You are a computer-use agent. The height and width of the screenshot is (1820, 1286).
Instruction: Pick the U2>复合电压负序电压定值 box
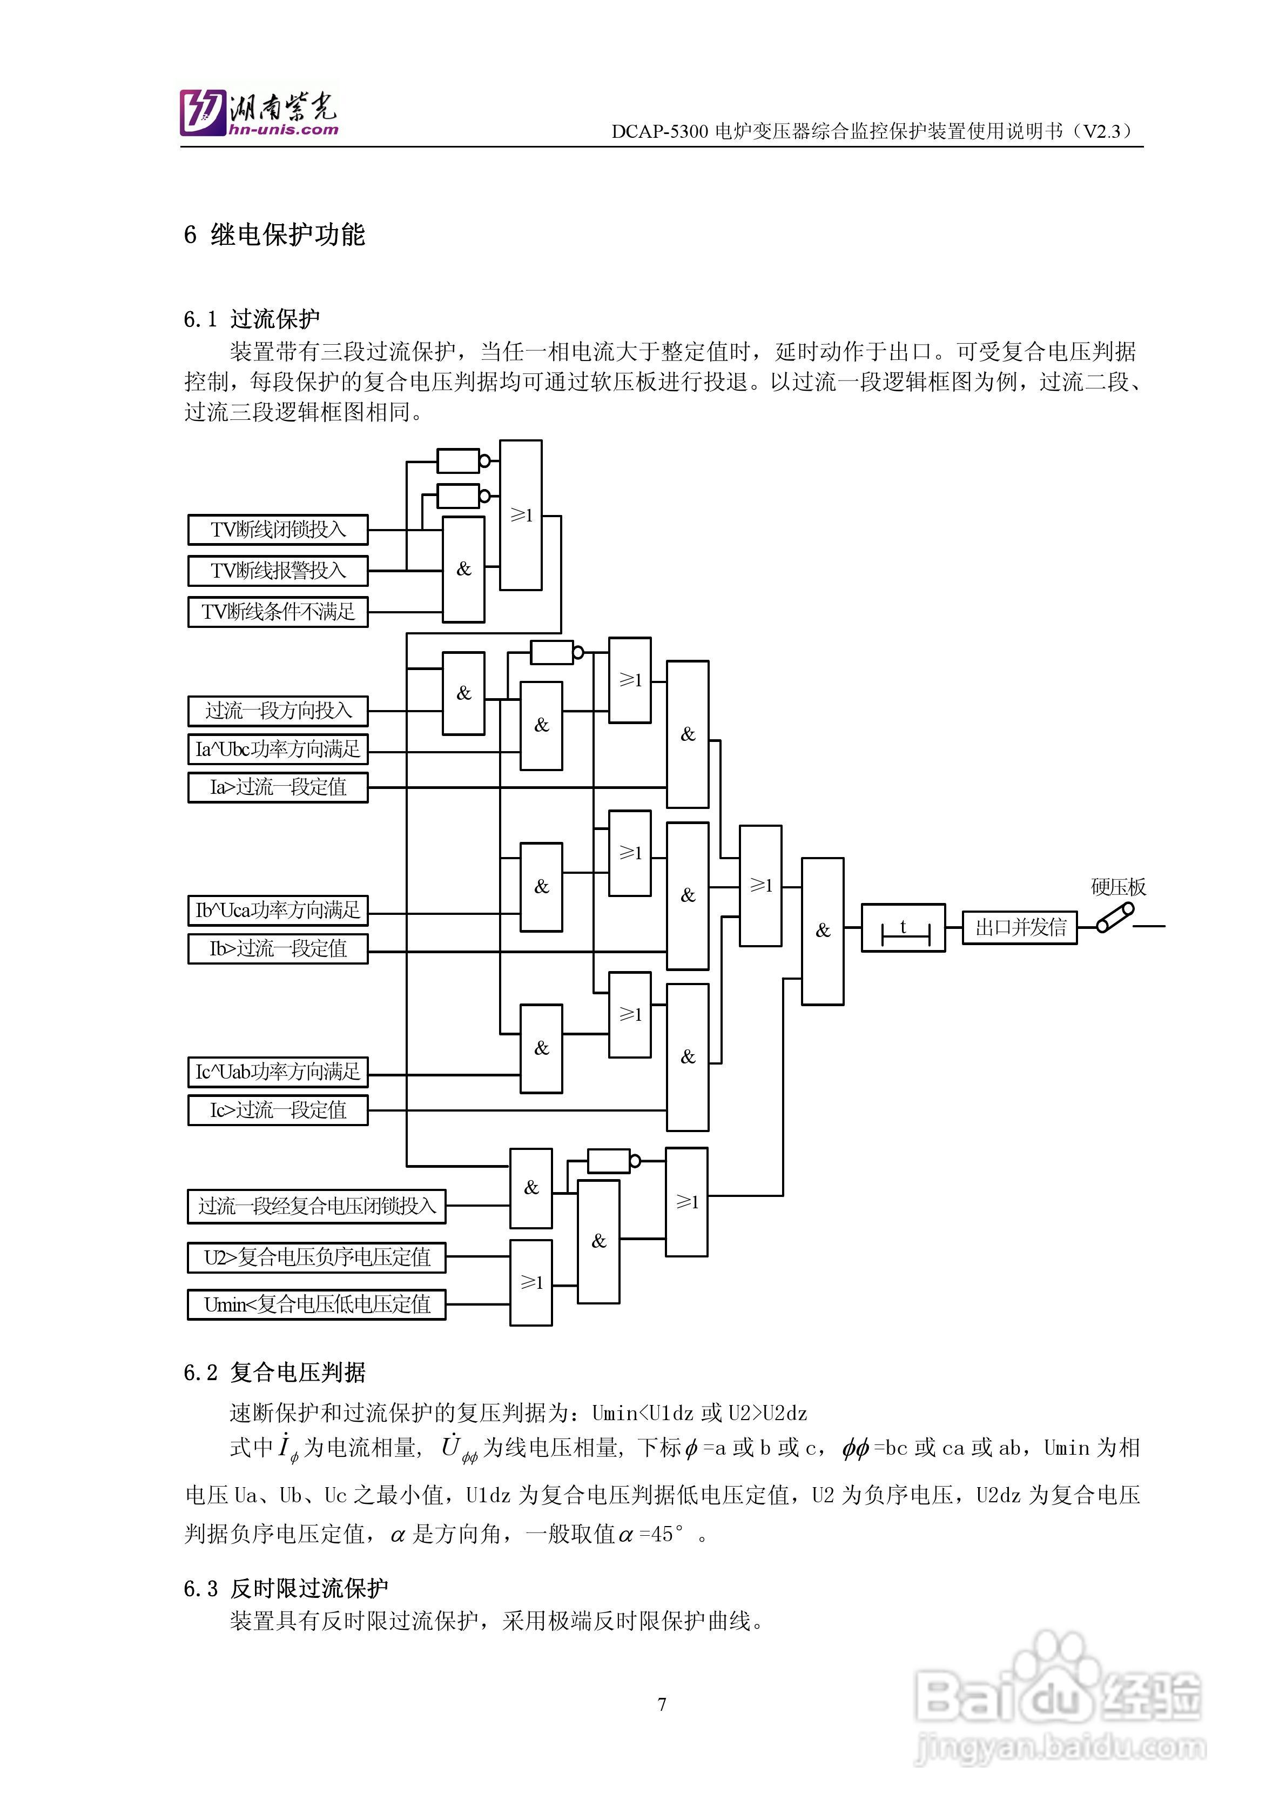316,1257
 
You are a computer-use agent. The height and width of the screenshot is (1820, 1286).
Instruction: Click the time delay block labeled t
903,927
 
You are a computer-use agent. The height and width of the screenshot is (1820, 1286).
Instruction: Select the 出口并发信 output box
1020,927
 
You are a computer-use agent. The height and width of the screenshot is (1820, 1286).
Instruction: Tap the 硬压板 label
1118,887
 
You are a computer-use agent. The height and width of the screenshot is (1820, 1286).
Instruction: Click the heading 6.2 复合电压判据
274,1372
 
